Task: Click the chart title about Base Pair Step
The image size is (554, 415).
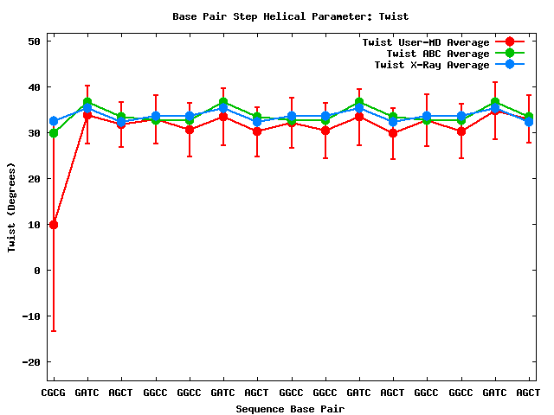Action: [x=291, y=16]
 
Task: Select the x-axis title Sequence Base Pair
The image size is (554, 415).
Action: [x=290, y=408]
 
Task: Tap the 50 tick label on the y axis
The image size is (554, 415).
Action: [x=34, y=41]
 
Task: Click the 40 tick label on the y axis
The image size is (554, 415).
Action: [x=34, y=87]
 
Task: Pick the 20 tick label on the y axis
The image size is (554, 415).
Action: [x=34, y=179]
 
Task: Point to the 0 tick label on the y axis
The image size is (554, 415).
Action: [x=37, y=271]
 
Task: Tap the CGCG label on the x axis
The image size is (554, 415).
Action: [x=54, y=393]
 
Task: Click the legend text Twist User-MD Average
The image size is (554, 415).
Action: [x=426, y=42]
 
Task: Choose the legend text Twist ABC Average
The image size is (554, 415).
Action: [x=432, y=54]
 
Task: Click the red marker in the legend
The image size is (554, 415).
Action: [x=510, y=42]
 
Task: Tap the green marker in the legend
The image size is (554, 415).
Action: [x=510, y=54]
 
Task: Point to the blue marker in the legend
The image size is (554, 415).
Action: [x=510, y=65]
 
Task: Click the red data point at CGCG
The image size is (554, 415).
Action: [x=54, y=225]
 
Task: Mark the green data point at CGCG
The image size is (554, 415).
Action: [x=54, y=133]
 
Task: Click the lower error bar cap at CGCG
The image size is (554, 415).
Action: [x=54, y=331]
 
